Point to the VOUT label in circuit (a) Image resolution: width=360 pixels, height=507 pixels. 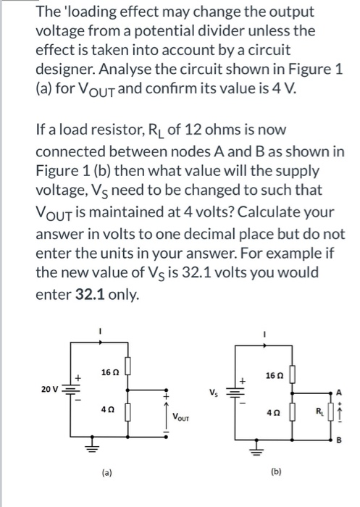click(181, 416)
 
